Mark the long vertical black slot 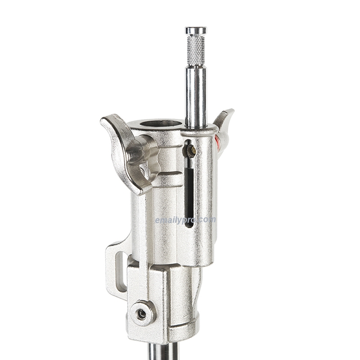[189, 189]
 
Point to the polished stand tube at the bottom [163, 352]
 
